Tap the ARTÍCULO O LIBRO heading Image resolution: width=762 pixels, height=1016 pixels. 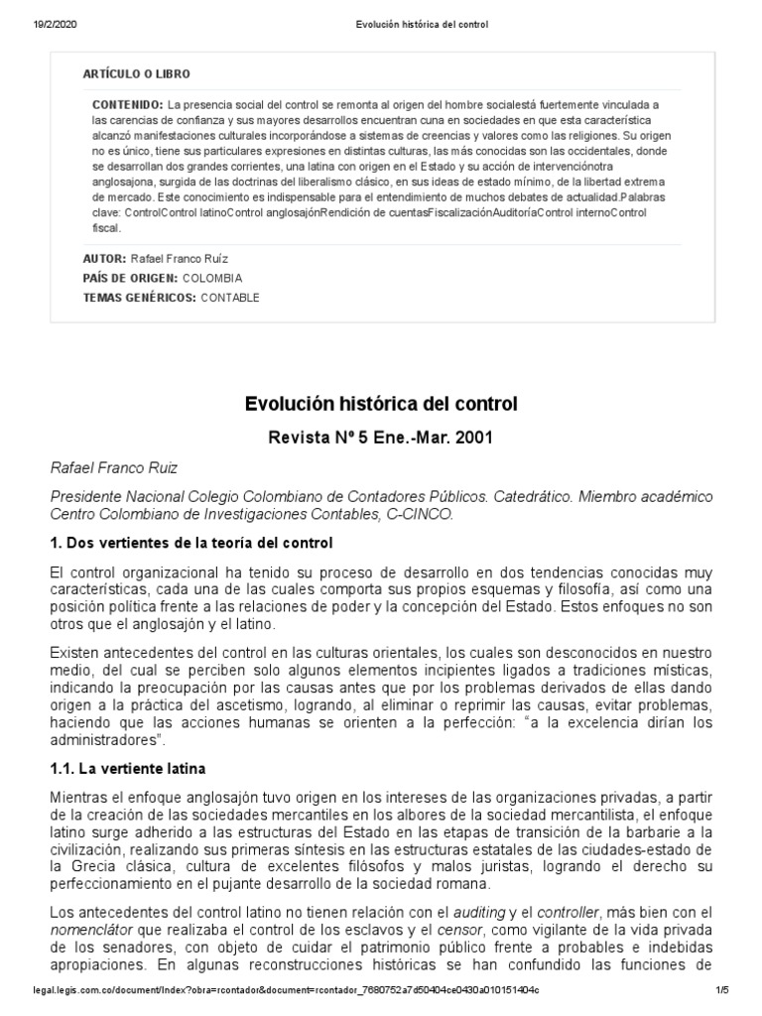click(136, 74)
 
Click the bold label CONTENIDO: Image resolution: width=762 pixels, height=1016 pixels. click(128, 104)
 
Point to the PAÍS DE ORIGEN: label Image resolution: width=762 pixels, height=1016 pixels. click(130, 278)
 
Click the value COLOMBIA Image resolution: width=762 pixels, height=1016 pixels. click(212, 278)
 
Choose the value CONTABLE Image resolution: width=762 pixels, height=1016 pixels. click(230, 297)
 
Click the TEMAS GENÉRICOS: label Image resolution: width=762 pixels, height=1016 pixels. click(139, 297)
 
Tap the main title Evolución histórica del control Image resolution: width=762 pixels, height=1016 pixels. click(381, 404)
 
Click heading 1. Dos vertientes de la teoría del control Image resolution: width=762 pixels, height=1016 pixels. click(191, 544)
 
